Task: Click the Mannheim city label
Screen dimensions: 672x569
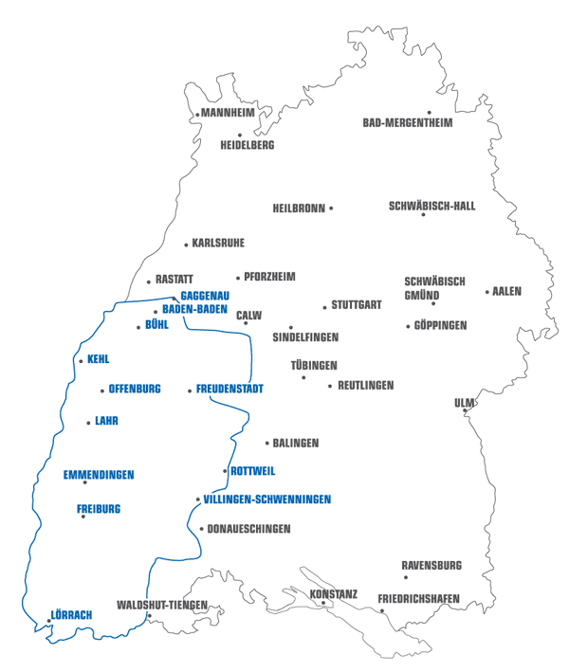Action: [229, 113]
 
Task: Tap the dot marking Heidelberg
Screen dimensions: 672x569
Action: [240, 135]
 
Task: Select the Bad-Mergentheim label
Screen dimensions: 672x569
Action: [408, 123]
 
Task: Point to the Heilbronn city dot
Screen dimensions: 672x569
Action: [331, 208]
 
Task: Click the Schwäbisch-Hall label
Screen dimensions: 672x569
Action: [432, 206]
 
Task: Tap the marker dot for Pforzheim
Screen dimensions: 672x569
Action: [238, 278]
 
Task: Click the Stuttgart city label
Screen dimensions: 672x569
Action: [357, 305]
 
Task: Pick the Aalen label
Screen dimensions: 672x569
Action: [507, 292]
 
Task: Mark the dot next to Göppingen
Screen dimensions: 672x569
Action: [408, 326]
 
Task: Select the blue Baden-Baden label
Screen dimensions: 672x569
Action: [195, 309]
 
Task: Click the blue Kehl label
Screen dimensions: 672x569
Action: [98, 360]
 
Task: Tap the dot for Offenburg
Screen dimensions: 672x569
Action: [102, 390]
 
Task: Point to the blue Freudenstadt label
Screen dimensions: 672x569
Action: [229, 390]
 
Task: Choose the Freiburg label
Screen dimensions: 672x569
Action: [99, 509]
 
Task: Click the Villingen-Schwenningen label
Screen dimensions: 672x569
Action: [267, 499]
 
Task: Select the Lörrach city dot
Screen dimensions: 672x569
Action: [48, 621]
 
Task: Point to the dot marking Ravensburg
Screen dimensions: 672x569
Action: [406, 577]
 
